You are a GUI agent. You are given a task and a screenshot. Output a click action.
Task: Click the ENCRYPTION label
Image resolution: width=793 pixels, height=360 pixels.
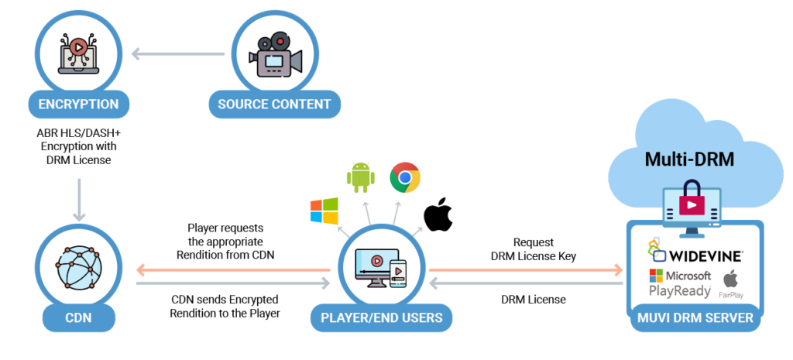click(x=78, y=105)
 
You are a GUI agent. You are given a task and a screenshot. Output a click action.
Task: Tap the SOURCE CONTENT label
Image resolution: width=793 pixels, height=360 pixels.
click(x=273, y=105)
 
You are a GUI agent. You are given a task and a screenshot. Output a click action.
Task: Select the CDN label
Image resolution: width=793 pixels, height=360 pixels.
click(x=79, y=317)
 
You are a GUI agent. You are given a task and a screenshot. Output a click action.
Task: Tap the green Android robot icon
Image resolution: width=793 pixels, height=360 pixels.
click(x=360, y=177)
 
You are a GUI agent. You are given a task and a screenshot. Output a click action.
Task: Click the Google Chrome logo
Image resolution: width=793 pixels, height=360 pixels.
click(x=404, y=178)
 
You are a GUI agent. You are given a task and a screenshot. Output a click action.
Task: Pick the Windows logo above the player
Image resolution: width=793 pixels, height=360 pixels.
click(x=324, y=211)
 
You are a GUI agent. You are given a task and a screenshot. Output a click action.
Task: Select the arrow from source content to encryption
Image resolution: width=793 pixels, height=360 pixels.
click(x=178, y=54)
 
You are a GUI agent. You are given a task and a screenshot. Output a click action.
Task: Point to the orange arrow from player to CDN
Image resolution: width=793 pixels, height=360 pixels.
click(x=232, y=269)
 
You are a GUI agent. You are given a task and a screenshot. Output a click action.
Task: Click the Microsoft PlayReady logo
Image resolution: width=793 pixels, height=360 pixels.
click(x=680, y=283)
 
